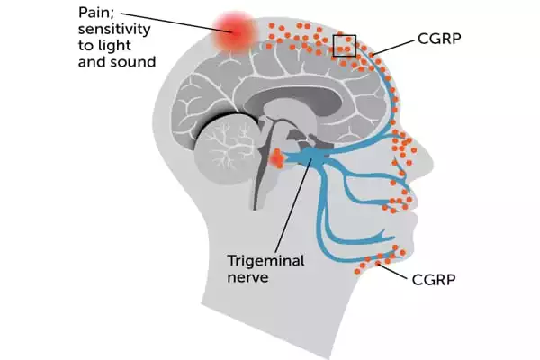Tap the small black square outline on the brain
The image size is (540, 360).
(x=345, y=46)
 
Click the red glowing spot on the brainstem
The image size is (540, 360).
(x=276, y=160)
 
